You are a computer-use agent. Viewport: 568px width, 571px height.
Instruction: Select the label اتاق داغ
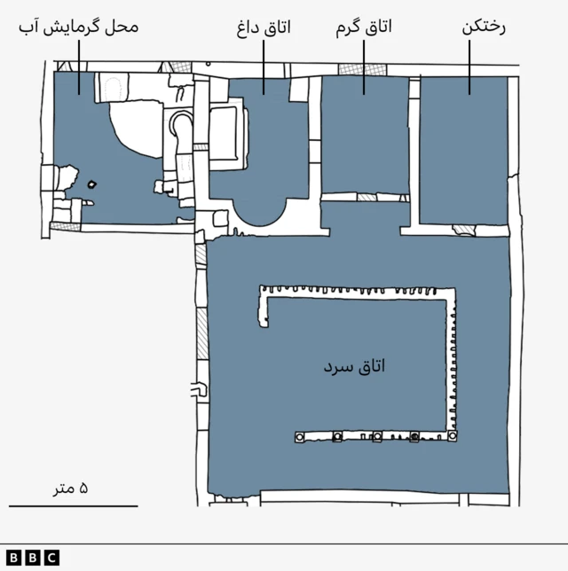click(264, 27)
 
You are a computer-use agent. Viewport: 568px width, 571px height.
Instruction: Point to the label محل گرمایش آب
click(79, 27)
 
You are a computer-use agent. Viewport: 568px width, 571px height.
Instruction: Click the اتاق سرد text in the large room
click(355, 365)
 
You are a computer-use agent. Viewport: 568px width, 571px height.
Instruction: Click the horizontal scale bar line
click(74, 506)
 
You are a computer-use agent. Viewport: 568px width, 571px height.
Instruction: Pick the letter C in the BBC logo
click(51, 558)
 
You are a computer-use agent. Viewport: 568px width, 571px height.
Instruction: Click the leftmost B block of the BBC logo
click(16, 558)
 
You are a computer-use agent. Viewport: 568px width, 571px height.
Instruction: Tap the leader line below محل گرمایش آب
click(79, 66)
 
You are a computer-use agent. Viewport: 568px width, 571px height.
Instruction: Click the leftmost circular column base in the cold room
click(299, 437)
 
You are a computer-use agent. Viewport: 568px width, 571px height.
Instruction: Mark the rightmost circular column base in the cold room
click(453, 437)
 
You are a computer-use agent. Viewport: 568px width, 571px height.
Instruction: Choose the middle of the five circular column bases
click(376, 437)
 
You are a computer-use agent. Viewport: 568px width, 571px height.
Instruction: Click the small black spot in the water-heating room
click(93, 184)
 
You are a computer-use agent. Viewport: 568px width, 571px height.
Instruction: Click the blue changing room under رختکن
click(463, 151)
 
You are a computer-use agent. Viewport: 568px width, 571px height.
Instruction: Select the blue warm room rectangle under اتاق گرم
click(364, 135)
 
